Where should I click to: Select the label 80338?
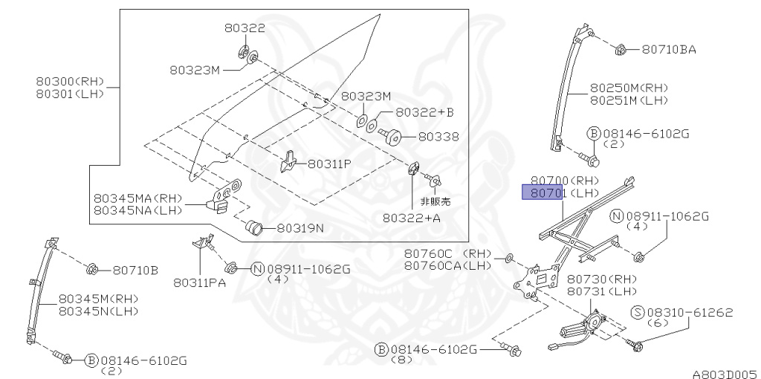click(x=438, y=137)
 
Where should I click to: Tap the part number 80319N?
click(x=300, y=227)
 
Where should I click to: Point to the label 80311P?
click(x=329, y=163)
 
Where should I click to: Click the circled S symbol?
click(x=637, y=312)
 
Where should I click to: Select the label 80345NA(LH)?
click(x=137, y=211)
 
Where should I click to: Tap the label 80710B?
click(x=135, y=270)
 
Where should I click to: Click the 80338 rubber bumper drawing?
click(x=393, y=137)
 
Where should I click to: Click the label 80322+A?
click(x=412, y=218)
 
